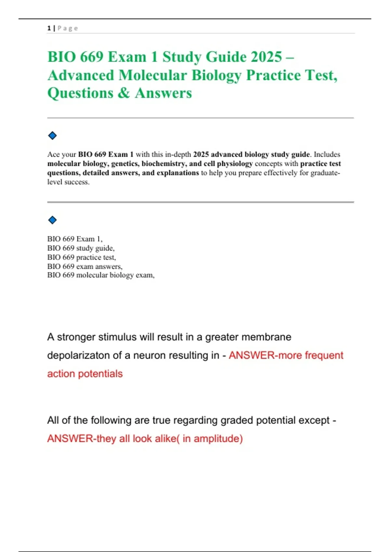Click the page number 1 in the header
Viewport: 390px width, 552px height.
[49, 28]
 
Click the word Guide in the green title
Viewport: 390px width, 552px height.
[226, 57]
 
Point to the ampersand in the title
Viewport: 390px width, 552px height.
[123, 93]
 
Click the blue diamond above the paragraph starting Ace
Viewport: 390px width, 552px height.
[52, 135]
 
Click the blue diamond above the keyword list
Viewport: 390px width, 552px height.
[52, 220]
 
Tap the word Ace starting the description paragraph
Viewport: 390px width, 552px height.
[54, 155]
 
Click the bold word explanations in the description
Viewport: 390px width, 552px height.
[177, 173]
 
